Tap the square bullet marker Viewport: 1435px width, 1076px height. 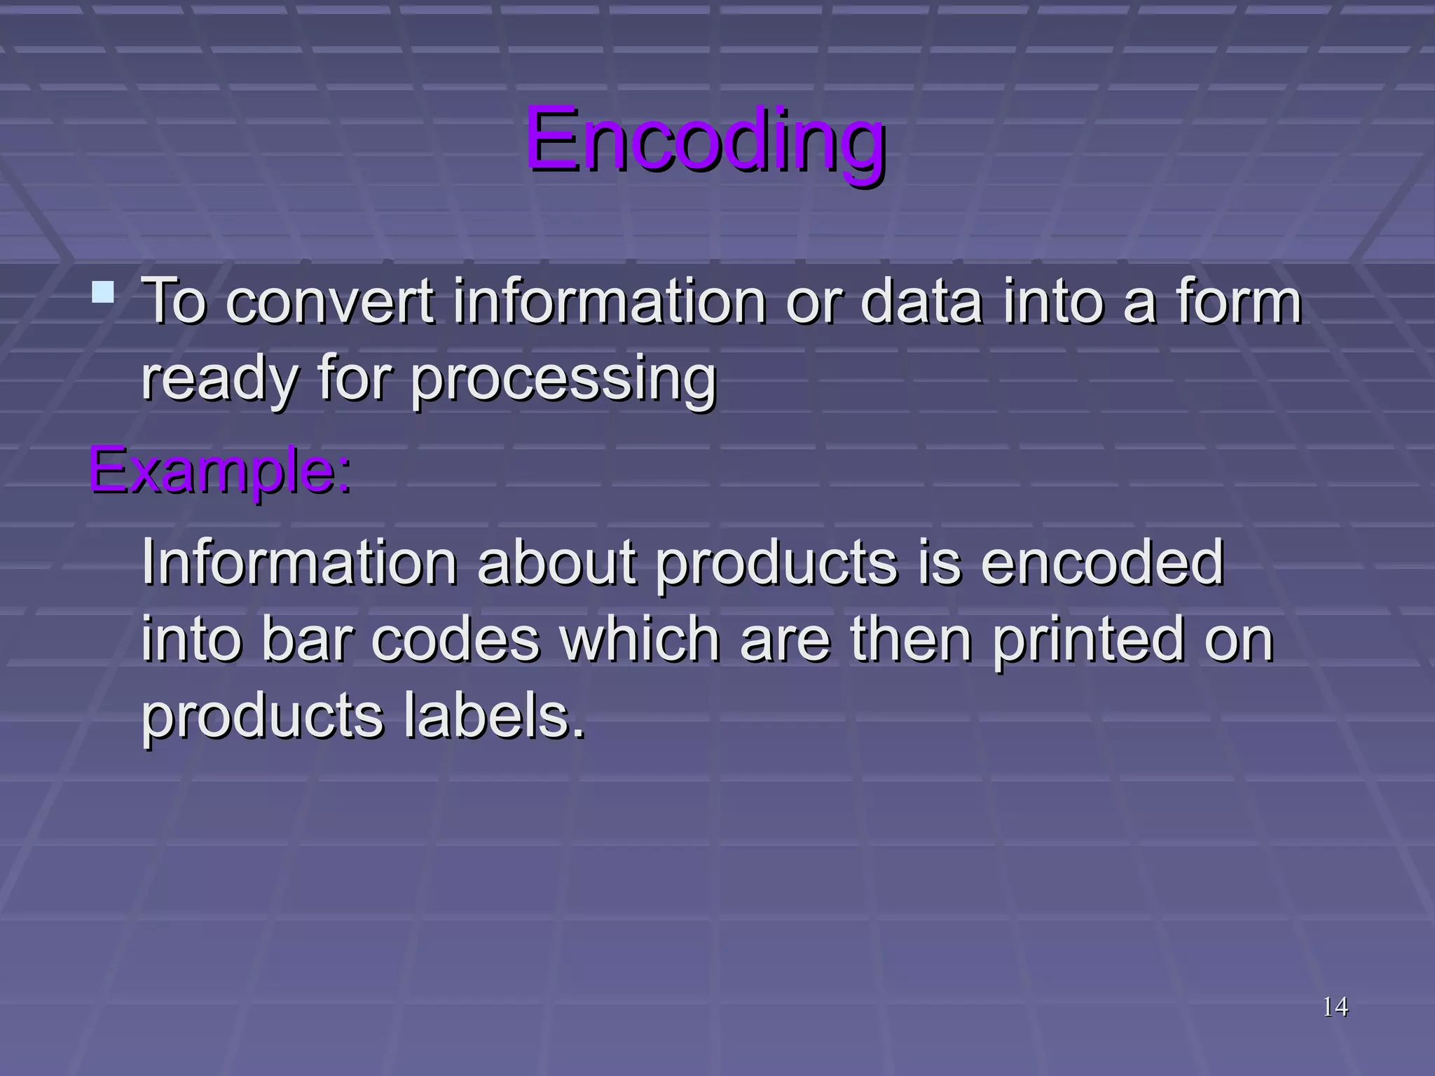pos(103,292)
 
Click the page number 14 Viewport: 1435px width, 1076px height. pos(1335,1007)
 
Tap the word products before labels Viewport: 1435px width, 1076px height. pos(262,717)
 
